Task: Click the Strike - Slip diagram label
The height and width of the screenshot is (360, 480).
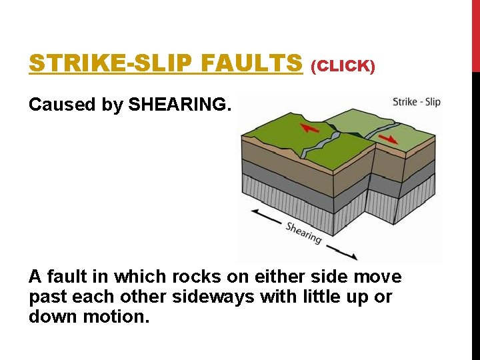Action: click(x=416, y=102)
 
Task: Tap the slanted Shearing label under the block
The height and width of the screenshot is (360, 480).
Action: click(x=304, y=232)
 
